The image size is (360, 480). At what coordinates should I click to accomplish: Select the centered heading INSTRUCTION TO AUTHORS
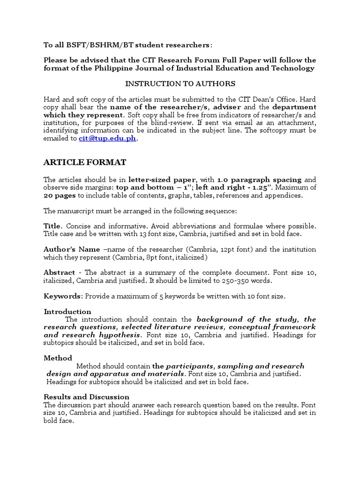180,83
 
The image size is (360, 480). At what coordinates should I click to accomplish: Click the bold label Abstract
59,272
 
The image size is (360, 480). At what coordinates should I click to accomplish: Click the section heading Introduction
67,311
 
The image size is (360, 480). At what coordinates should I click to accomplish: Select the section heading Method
58,358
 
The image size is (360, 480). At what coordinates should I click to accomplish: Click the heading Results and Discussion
86,397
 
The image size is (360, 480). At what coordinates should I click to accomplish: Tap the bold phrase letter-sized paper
164,180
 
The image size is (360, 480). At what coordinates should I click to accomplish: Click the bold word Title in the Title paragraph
52,225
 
